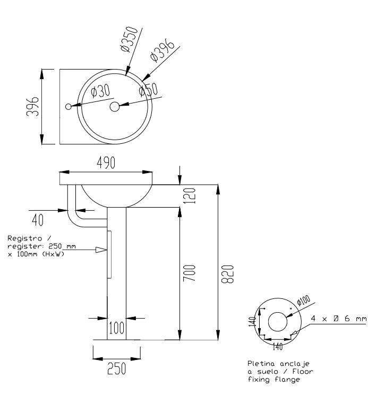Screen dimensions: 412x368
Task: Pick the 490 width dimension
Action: coord(106,164)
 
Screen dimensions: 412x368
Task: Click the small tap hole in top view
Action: coord(69,107)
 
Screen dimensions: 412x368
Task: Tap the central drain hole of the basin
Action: coord(115,107)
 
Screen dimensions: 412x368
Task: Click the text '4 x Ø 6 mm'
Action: coord(338,319)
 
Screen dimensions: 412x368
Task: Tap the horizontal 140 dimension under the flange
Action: coord(277,346)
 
